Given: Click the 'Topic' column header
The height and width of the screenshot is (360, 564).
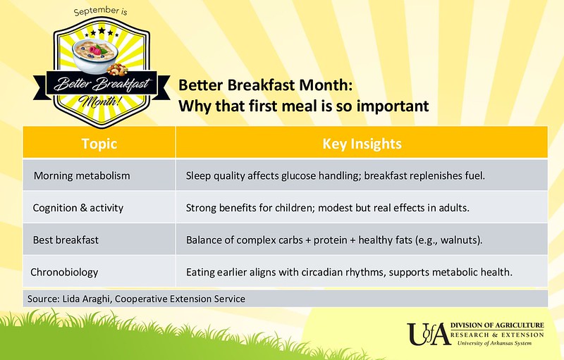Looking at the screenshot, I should pyautogui.click(x=99, y=144).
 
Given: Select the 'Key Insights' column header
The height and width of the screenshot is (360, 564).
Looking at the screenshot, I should pyautogui.click(x=362, y=144).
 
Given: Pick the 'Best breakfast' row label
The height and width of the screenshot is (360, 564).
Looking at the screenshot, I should pyautogui.click(x=66, y=240).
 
